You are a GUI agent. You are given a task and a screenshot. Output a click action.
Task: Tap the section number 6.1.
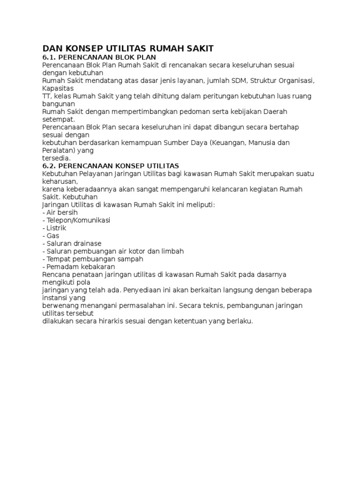tap(50, 57)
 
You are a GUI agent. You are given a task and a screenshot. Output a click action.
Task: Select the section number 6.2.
tap(50, 166)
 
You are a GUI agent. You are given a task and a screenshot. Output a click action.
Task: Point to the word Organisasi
tap(296, 80)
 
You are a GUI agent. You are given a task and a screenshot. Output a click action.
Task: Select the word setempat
tap(58, 119)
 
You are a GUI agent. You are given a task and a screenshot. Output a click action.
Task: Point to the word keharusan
tap(59, 181)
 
